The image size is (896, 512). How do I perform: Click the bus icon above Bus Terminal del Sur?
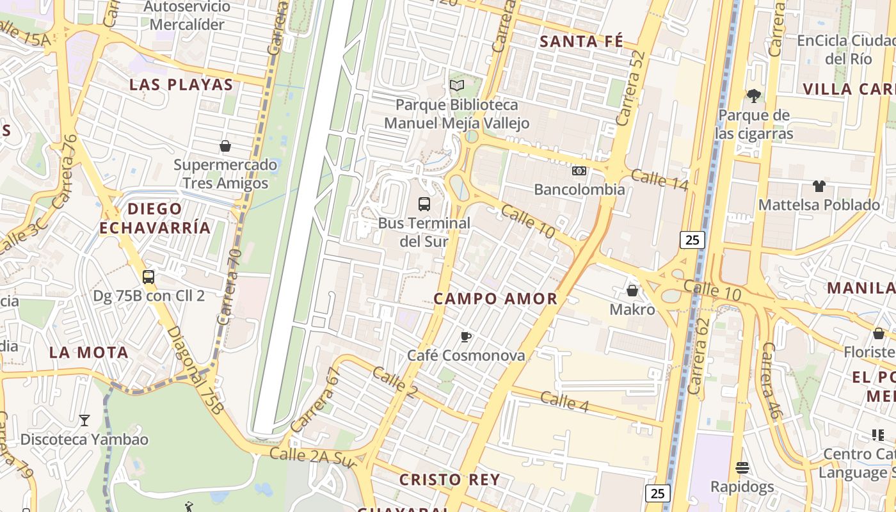click(424, 204)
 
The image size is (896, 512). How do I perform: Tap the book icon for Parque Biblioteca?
click(456, 85)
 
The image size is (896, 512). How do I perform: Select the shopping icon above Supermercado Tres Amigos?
click(225, 146)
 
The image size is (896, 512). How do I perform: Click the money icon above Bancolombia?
click(579, 171)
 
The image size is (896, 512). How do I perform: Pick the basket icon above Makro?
click(632, 291)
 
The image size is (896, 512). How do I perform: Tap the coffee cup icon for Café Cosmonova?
click(466, 337)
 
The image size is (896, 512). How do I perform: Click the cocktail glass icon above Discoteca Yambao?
click(84, 420)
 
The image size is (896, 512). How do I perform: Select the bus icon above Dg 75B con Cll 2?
click(148, 277)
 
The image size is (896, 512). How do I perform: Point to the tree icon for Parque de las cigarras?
click(754, 96)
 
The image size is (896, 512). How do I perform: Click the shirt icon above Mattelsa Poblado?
click(819, 186)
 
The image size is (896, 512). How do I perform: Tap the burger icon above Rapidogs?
click(742, 468)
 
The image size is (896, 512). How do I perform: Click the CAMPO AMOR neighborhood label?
click(495, 299)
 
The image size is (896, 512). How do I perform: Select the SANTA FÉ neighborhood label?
click(581, 42)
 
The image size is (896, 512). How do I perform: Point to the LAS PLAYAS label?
click(181, 84)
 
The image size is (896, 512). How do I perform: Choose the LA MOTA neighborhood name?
click(89, 352)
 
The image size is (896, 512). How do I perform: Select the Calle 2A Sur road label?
click(312, 456)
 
